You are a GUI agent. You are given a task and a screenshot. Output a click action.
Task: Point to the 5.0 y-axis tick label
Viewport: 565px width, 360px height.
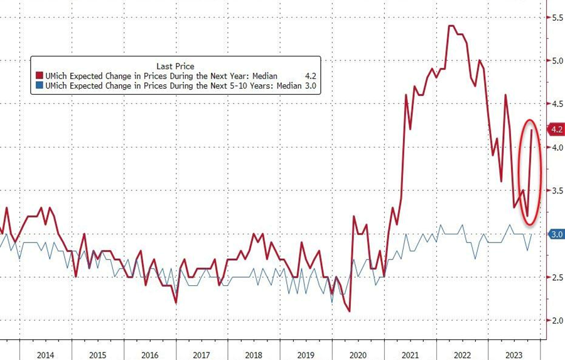(556, 61)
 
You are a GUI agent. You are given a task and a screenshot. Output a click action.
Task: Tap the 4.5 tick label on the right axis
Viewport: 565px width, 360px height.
(556, 104)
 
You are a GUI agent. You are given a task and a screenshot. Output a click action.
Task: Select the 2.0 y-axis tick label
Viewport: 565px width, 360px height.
(556, 320)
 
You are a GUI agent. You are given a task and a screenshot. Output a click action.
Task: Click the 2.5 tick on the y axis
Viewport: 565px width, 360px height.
(556, 277)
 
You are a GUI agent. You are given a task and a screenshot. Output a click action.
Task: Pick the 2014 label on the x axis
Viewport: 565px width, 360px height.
(45, 354)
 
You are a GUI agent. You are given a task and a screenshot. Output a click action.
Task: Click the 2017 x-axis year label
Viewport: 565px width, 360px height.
(202, 354)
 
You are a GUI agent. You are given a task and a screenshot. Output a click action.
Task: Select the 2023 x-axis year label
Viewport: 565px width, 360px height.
(516, 354)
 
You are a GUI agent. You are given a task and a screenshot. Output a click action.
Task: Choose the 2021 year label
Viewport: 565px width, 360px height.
(411, 354)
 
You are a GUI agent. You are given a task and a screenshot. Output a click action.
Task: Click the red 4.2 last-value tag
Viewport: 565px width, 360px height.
(556, 130)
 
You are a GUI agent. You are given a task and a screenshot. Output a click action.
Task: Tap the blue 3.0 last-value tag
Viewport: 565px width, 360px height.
(556, 234)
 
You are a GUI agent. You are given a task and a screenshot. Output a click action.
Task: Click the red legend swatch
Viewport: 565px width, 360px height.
(41, 77)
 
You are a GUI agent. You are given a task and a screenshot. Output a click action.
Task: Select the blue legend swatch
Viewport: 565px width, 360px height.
(41, 87)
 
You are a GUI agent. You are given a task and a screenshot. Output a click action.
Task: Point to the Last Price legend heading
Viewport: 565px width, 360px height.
(175, 66)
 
